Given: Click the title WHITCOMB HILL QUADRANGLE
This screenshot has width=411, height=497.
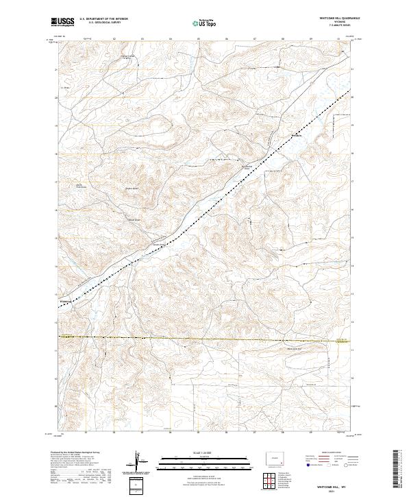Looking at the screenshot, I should point(338,19).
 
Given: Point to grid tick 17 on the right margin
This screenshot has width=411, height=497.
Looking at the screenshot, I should point(353,182).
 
